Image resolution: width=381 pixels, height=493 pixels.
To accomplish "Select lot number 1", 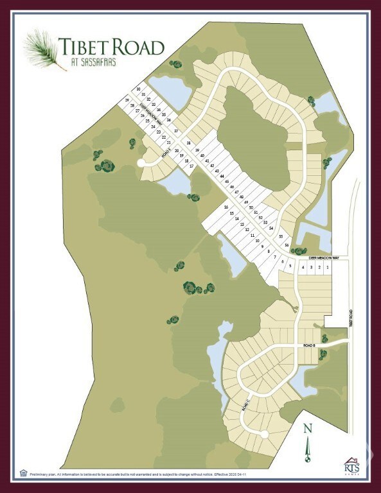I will tap(328, 267).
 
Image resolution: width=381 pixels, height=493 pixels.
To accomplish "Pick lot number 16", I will tap(226, 207).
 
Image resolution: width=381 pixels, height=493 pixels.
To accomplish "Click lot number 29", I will tap(127, 101).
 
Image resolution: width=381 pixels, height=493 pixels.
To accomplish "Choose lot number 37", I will tap(176, 130).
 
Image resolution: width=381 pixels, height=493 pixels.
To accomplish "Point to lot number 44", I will tap(222, 176).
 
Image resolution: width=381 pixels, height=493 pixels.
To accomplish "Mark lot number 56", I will tap(287, 245).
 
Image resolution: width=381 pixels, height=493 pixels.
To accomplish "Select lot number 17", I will tap(191, 166).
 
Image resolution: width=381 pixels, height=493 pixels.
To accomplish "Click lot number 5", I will tap(290, 266).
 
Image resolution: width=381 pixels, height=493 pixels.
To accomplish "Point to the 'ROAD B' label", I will tap(310, 346).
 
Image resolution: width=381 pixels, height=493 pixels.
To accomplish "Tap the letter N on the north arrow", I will tap(307, 430).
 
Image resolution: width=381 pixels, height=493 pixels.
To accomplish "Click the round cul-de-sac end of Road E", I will tap(141, 163).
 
